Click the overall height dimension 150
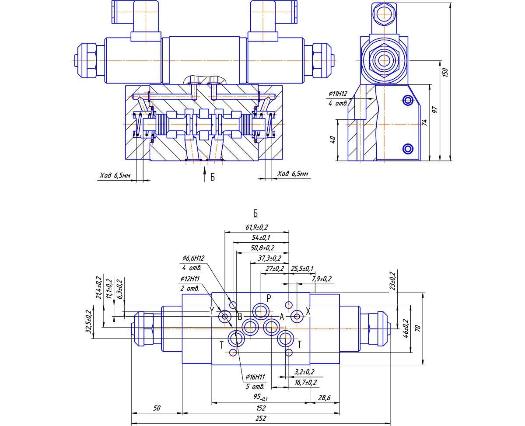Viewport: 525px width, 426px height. pos(445,72)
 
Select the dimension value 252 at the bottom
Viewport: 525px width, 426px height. pos(261,418)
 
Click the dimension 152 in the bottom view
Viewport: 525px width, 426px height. pos(261,408)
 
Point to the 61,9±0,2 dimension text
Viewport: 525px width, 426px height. pos(257,227)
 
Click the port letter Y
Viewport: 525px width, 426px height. pos(212,311)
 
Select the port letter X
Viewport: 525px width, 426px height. pos(308,311)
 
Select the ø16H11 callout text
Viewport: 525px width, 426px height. pos(256,377)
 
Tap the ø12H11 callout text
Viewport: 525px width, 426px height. pos(189,279)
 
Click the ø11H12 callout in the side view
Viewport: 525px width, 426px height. pos(338,94)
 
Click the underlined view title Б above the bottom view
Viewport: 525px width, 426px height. pos(255,213)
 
